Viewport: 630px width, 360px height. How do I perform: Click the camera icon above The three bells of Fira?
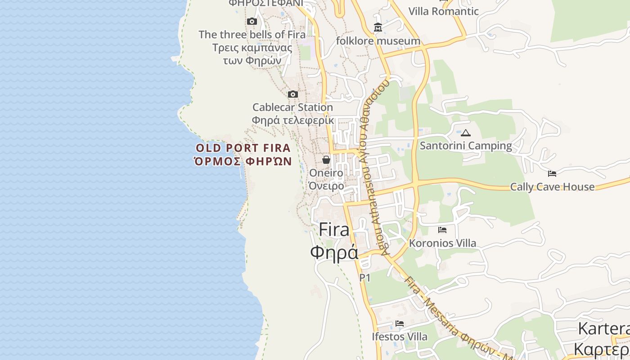pyautogui.click(x=252, y=21)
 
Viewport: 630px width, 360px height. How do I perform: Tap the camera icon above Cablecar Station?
pyautogui.click(x=293, y=94)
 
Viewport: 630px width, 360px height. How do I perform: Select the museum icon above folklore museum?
pyautogui.click(x=378, y=28)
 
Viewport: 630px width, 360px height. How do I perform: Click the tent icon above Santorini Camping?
pyautogui.click(x=466, y=133)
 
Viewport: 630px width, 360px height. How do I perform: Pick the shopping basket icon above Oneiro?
pyautogui.click(x=326, y=160)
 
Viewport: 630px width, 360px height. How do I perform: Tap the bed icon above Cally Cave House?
pyautogui.click(x=552, y=174)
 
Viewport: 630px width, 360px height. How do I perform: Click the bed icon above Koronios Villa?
pyautogui.click(x=442, y=230)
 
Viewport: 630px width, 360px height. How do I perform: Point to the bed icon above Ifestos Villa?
pyautogui.click(x=399, y=324)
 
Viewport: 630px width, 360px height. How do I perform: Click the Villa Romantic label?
pyautogui.click(x=443, y=11)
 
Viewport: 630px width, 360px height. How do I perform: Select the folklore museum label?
pyautogui.click(x=378, y=41)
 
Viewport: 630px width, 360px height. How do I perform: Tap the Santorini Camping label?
pyautogui.click(x=466, y=145)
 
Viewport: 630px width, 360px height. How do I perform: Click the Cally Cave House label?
pyautogui.click(x=552, y=187)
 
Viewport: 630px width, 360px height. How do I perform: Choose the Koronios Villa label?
pyautogui.click(x=442, y=243)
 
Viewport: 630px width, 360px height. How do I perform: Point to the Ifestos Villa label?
pyautogui.click(x=399, y=336)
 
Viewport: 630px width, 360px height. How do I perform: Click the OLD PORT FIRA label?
pyautogui.click(x=243, y=148)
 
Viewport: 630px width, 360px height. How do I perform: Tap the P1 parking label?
pyautogui.click(x=365, y=278)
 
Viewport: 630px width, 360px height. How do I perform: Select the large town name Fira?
pyautogui.click(x=334, y=230)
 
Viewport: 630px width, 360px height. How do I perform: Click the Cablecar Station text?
pyautogui.click(x=292, y=107)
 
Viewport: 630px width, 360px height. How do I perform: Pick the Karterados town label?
pyautogui.click(x=603, y=328)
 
